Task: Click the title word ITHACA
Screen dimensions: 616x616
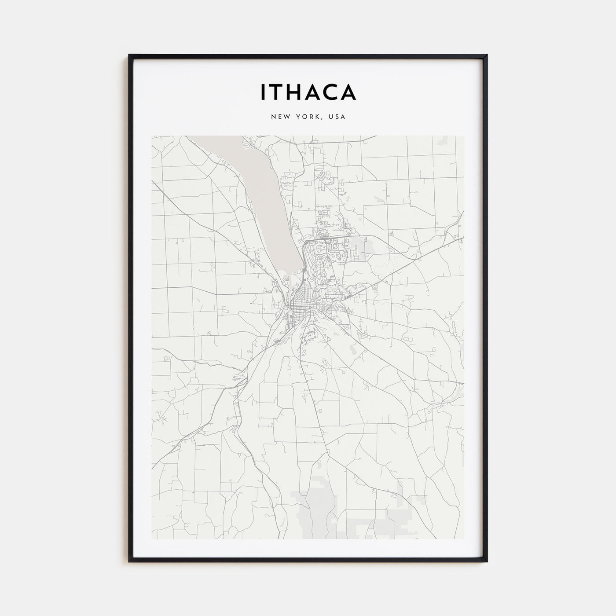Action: point(308,92)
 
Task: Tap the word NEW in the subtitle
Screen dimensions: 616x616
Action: point(280,117)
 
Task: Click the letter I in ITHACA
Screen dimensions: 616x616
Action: point(263,92)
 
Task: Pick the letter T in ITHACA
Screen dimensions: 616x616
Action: point(276,92)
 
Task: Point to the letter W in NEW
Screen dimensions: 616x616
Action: point(286,117)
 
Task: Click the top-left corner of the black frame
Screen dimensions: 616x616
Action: point(129,55)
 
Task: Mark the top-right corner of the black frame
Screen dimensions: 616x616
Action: point(487,55)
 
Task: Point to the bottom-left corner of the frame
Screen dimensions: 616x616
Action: point(129,561)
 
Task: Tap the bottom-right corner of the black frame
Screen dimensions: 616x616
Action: point(487,561)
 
